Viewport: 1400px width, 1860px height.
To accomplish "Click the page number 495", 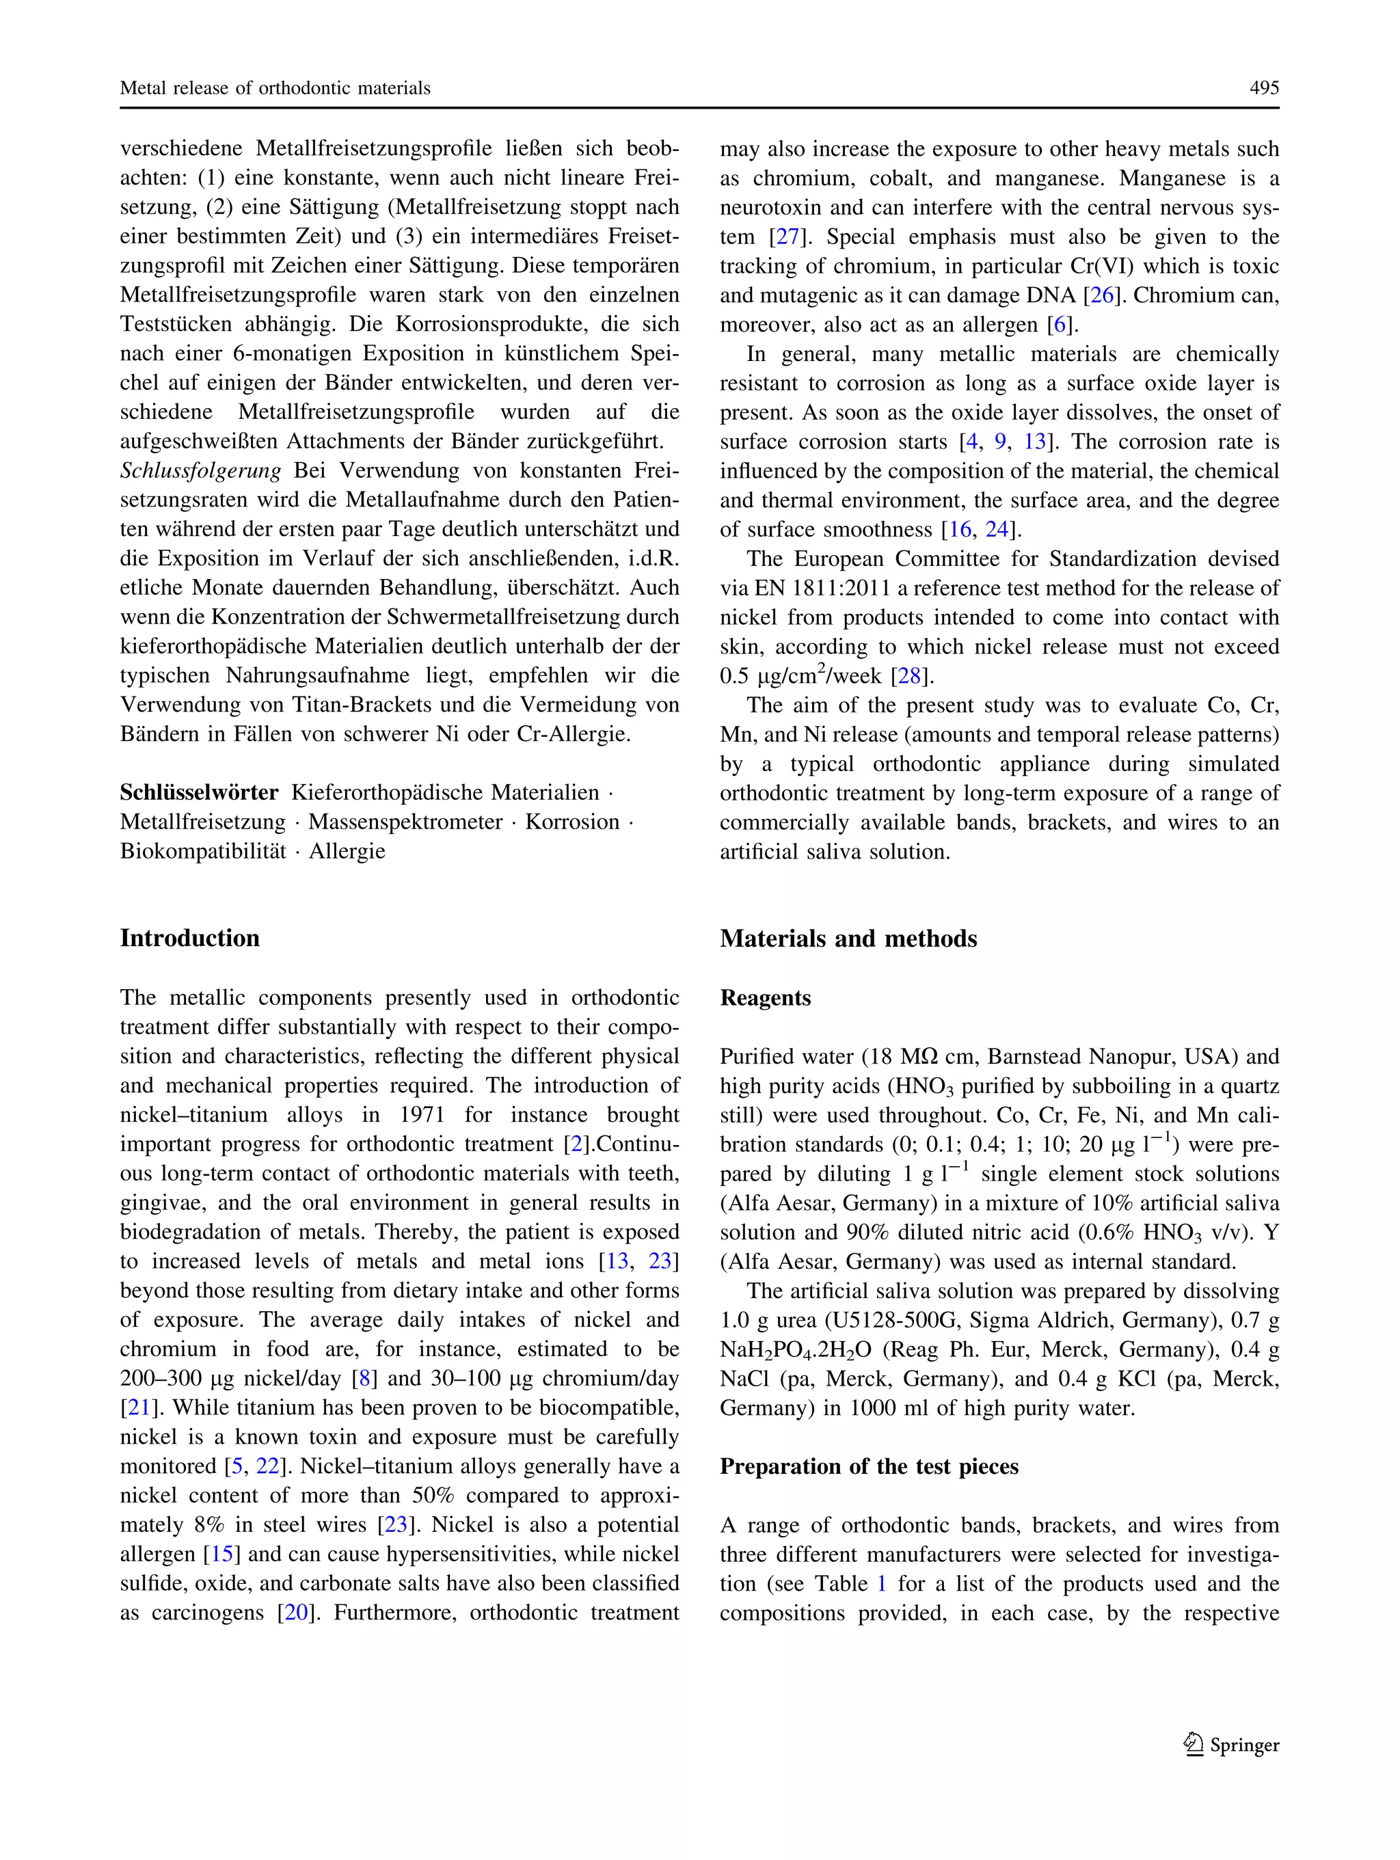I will coord(1263,88).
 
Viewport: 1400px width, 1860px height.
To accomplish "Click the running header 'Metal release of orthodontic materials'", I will coord(275,88).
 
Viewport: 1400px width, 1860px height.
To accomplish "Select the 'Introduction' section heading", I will coord(189,939).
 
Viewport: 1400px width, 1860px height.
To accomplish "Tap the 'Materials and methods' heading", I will coord(848,939).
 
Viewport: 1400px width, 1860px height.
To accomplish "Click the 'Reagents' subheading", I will coord(765,998).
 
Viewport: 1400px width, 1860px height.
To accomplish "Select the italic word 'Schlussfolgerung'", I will coord(200,471).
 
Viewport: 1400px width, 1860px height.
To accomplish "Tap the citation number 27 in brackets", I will coord(787,237).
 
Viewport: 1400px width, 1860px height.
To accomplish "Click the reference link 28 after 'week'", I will coord(909,676).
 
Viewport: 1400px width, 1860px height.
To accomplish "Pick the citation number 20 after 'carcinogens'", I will coord(297,1613).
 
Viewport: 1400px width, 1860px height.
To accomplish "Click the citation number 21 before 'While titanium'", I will coord(139,1407).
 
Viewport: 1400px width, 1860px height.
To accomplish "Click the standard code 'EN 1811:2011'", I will coord(812,589).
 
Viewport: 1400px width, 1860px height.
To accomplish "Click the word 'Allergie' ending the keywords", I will coord(347,852).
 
